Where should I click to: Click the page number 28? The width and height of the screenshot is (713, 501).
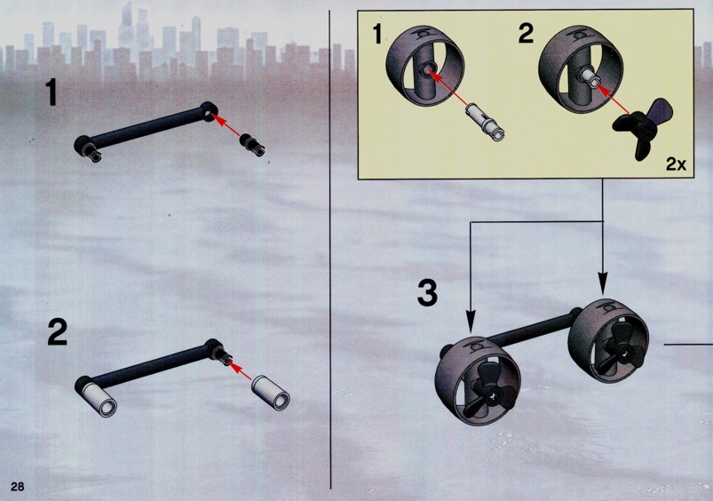pos(17,486)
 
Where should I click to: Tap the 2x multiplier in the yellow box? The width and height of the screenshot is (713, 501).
pos(676,163)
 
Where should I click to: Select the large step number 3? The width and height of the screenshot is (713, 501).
pos(427,293)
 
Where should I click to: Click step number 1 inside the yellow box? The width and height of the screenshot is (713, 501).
pos(377,34)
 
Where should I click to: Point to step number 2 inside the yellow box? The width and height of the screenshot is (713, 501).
pos(526,34)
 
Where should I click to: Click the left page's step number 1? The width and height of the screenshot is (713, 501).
pos(51,93)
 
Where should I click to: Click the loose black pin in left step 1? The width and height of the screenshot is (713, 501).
pos(252,144)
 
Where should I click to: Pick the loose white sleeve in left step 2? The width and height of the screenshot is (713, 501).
pos(271,390)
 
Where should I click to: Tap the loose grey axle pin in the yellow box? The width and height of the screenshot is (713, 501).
pos(486,122)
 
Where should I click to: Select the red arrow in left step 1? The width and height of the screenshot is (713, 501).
pos(226,125)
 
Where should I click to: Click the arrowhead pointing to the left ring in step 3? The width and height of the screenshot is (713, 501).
pos(471,321)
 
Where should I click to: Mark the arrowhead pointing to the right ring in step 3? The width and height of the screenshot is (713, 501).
pos(603,283)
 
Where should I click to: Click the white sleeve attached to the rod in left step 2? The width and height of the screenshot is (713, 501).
pos(98,397)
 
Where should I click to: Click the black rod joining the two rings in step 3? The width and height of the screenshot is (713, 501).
pos(530,329)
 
